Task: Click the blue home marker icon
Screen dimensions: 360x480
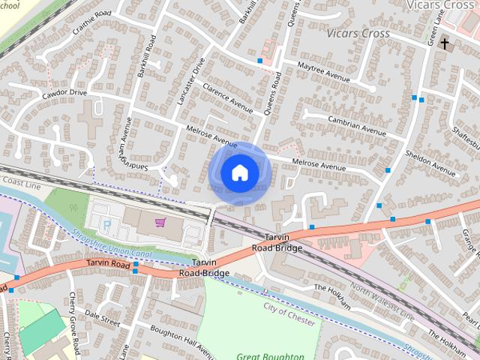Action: click(239, 173)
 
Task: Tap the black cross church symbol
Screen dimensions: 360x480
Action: click(444, 44)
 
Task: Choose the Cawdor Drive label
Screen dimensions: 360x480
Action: click(64, 92)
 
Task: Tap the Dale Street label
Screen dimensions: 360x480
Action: click(102, 317)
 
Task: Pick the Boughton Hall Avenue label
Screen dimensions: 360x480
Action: click(173, 339)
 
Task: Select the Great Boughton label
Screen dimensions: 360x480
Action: click(270, 356)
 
